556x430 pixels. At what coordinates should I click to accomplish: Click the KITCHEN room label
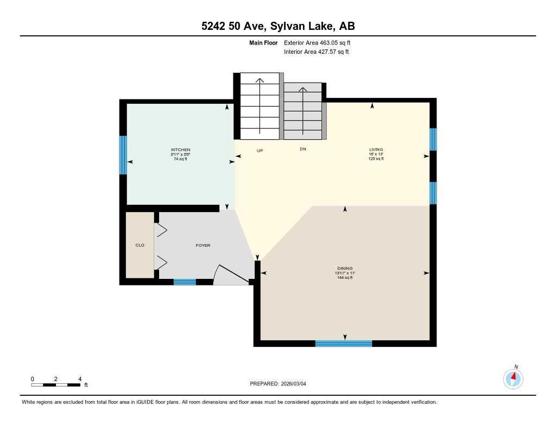tap(181, 149)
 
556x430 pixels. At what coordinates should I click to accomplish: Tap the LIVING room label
tap(376, 149)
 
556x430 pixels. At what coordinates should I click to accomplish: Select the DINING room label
tap(345, 268)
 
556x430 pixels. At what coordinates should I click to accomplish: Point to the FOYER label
tap(203, 245)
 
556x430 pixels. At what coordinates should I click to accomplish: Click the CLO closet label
tap(140, 245)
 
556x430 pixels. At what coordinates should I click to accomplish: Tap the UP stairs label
tap(260, 150)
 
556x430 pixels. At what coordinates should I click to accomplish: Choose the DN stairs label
tap(303, 149)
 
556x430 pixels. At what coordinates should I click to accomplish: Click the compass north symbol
tap(513, 378)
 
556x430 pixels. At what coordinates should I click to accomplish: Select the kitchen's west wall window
tap(123, 155)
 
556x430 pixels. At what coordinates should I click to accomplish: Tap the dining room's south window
tap(344, 343)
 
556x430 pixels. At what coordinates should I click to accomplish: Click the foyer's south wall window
tap(185, 282)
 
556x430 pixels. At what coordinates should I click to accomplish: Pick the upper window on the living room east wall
tap(433, 139)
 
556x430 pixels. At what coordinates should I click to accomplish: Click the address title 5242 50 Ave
tap(277, 26)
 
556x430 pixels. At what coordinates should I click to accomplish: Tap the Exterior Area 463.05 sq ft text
tap(321, 42)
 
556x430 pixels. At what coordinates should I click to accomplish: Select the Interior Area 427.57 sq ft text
tap(316, 52)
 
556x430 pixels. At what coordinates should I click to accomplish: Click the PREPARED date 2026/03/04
tap(281, 384)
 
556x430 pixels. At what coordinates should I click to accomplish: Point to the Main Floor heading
tap(263, 42)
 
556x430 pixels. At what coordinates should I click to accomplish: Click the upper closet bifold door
tap(161, 230)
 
